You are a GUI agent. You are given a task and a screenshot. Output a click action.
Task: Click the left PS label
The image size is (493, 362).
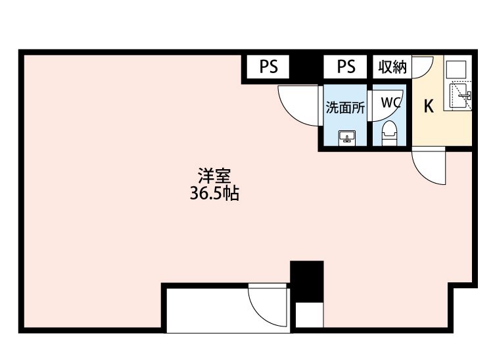click(268, 66)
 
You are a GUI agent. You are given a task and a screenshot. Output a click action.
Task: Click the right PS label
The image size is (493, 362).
click(346, 66)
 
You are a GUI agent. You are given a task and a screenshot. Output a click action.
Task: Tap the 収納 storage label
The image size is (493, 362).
click(392, 66)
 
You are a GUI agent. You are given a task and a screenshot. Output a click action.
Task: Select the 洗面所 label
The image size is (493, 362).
click(345, 108)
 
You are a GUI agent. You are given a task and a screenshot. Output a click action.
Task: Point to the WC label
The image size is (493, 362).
click(391, 102)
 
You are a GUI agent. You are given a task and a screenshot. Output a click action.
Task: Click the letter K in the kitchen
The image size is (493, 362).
click(429, 106)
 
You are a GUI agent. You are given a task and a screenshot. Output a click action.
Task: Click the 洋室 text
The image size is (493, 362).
click(214, 176)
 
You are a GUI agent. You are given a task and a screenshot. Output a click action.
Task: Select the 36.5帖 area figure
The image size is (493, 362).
click(214, 194)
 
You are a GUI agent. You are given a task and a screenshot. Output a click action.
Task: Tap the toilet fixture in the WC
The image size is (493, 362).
click(389, 133)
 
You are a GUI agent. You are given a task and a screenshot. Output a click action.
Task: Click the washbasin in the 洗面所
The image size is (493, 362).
click(347, 138)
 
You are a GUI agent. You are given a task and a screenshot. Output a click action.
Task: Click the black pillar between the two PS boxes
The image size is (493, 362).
click(306, 66)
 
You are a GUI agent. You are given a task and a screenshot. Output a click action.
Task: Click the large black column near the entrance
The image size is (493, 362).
click(306, 282)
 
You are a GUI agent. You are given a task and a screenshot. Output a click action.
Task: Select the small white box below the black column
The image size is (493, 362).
click(310, 315)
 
